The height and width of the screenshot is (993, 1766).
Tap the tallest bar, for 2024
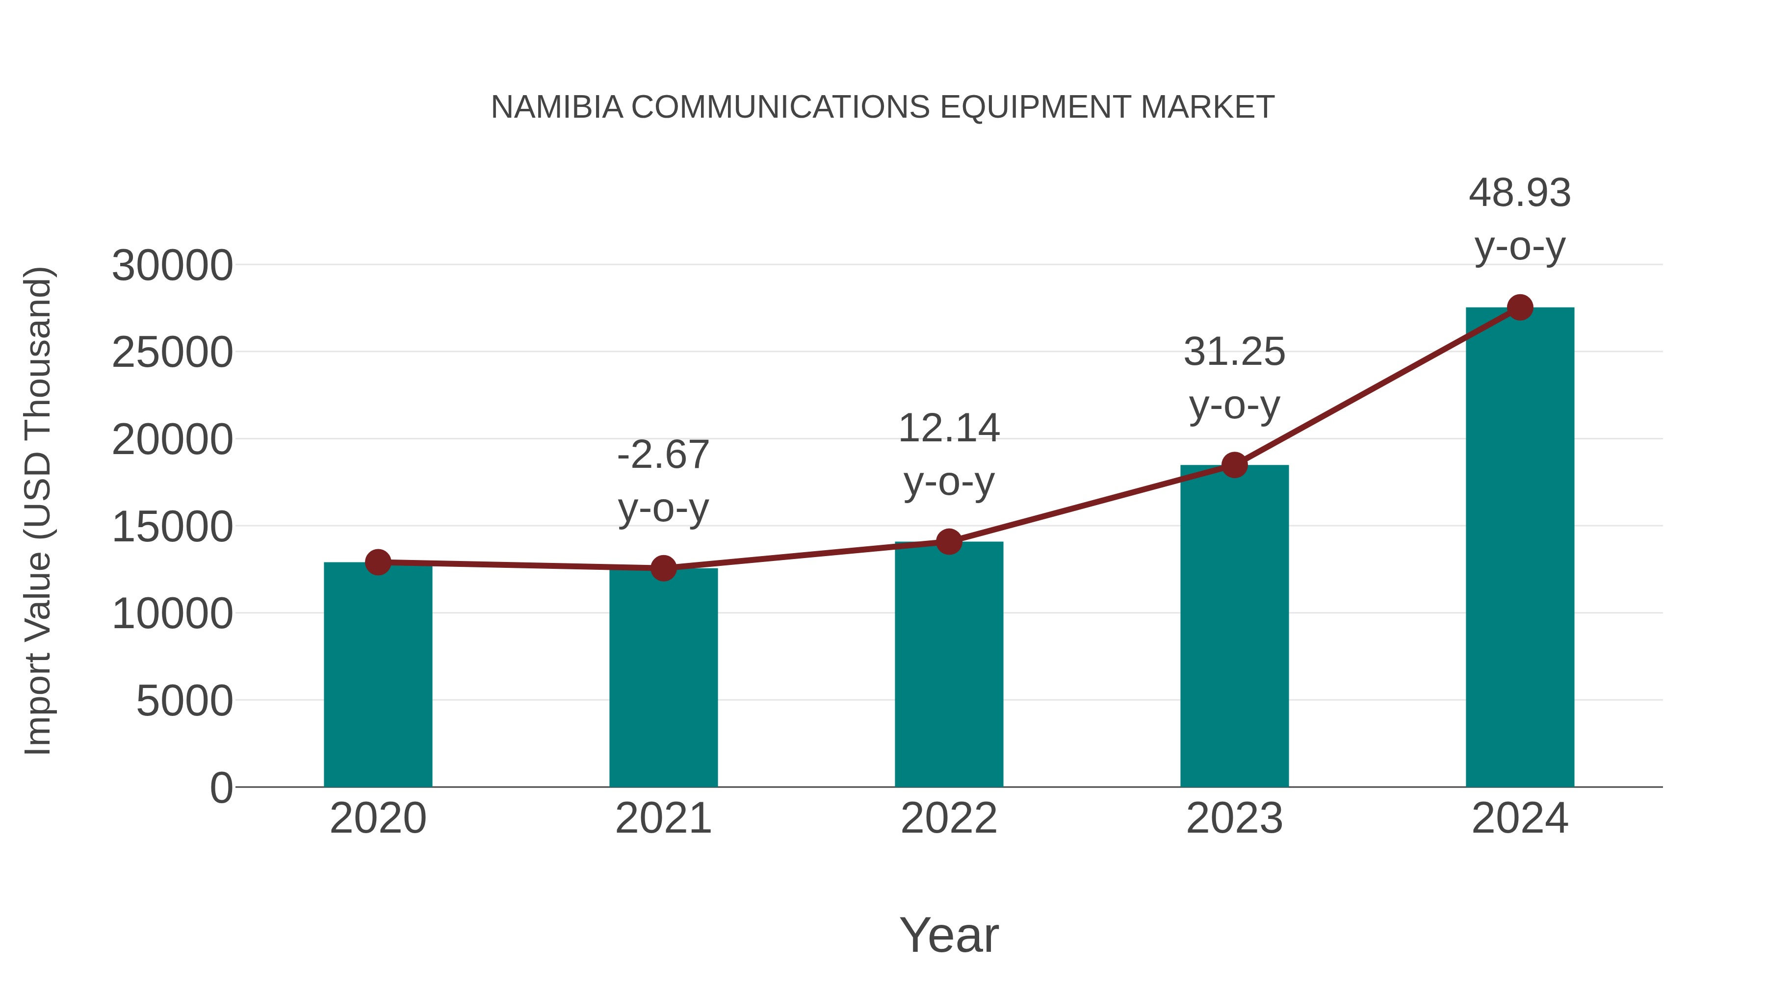[1520, 548]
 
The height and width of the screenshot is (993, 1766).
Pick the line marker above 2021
[663, 568]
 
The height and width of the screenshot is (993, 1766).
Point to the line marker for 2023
[1234, 465]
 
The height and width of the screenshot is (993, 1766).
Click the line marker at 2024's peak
[1520, 307]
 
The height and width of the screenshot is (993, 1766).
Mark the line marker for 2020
[378, 562]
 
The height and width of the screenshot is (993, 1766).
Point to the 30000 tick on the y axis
[172, 266]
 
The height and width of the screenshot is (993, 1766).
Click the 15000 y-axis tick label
[172, 528]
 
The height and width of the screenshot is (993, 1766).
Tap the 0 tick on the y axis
[221, 788]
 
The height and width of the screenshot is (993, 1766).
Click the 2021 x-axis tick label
[663, 819]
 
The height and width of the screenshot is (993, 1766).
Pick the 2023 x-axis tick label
[1234, 819]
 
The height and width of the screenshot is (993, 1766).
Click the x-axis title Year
[949, 936]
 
